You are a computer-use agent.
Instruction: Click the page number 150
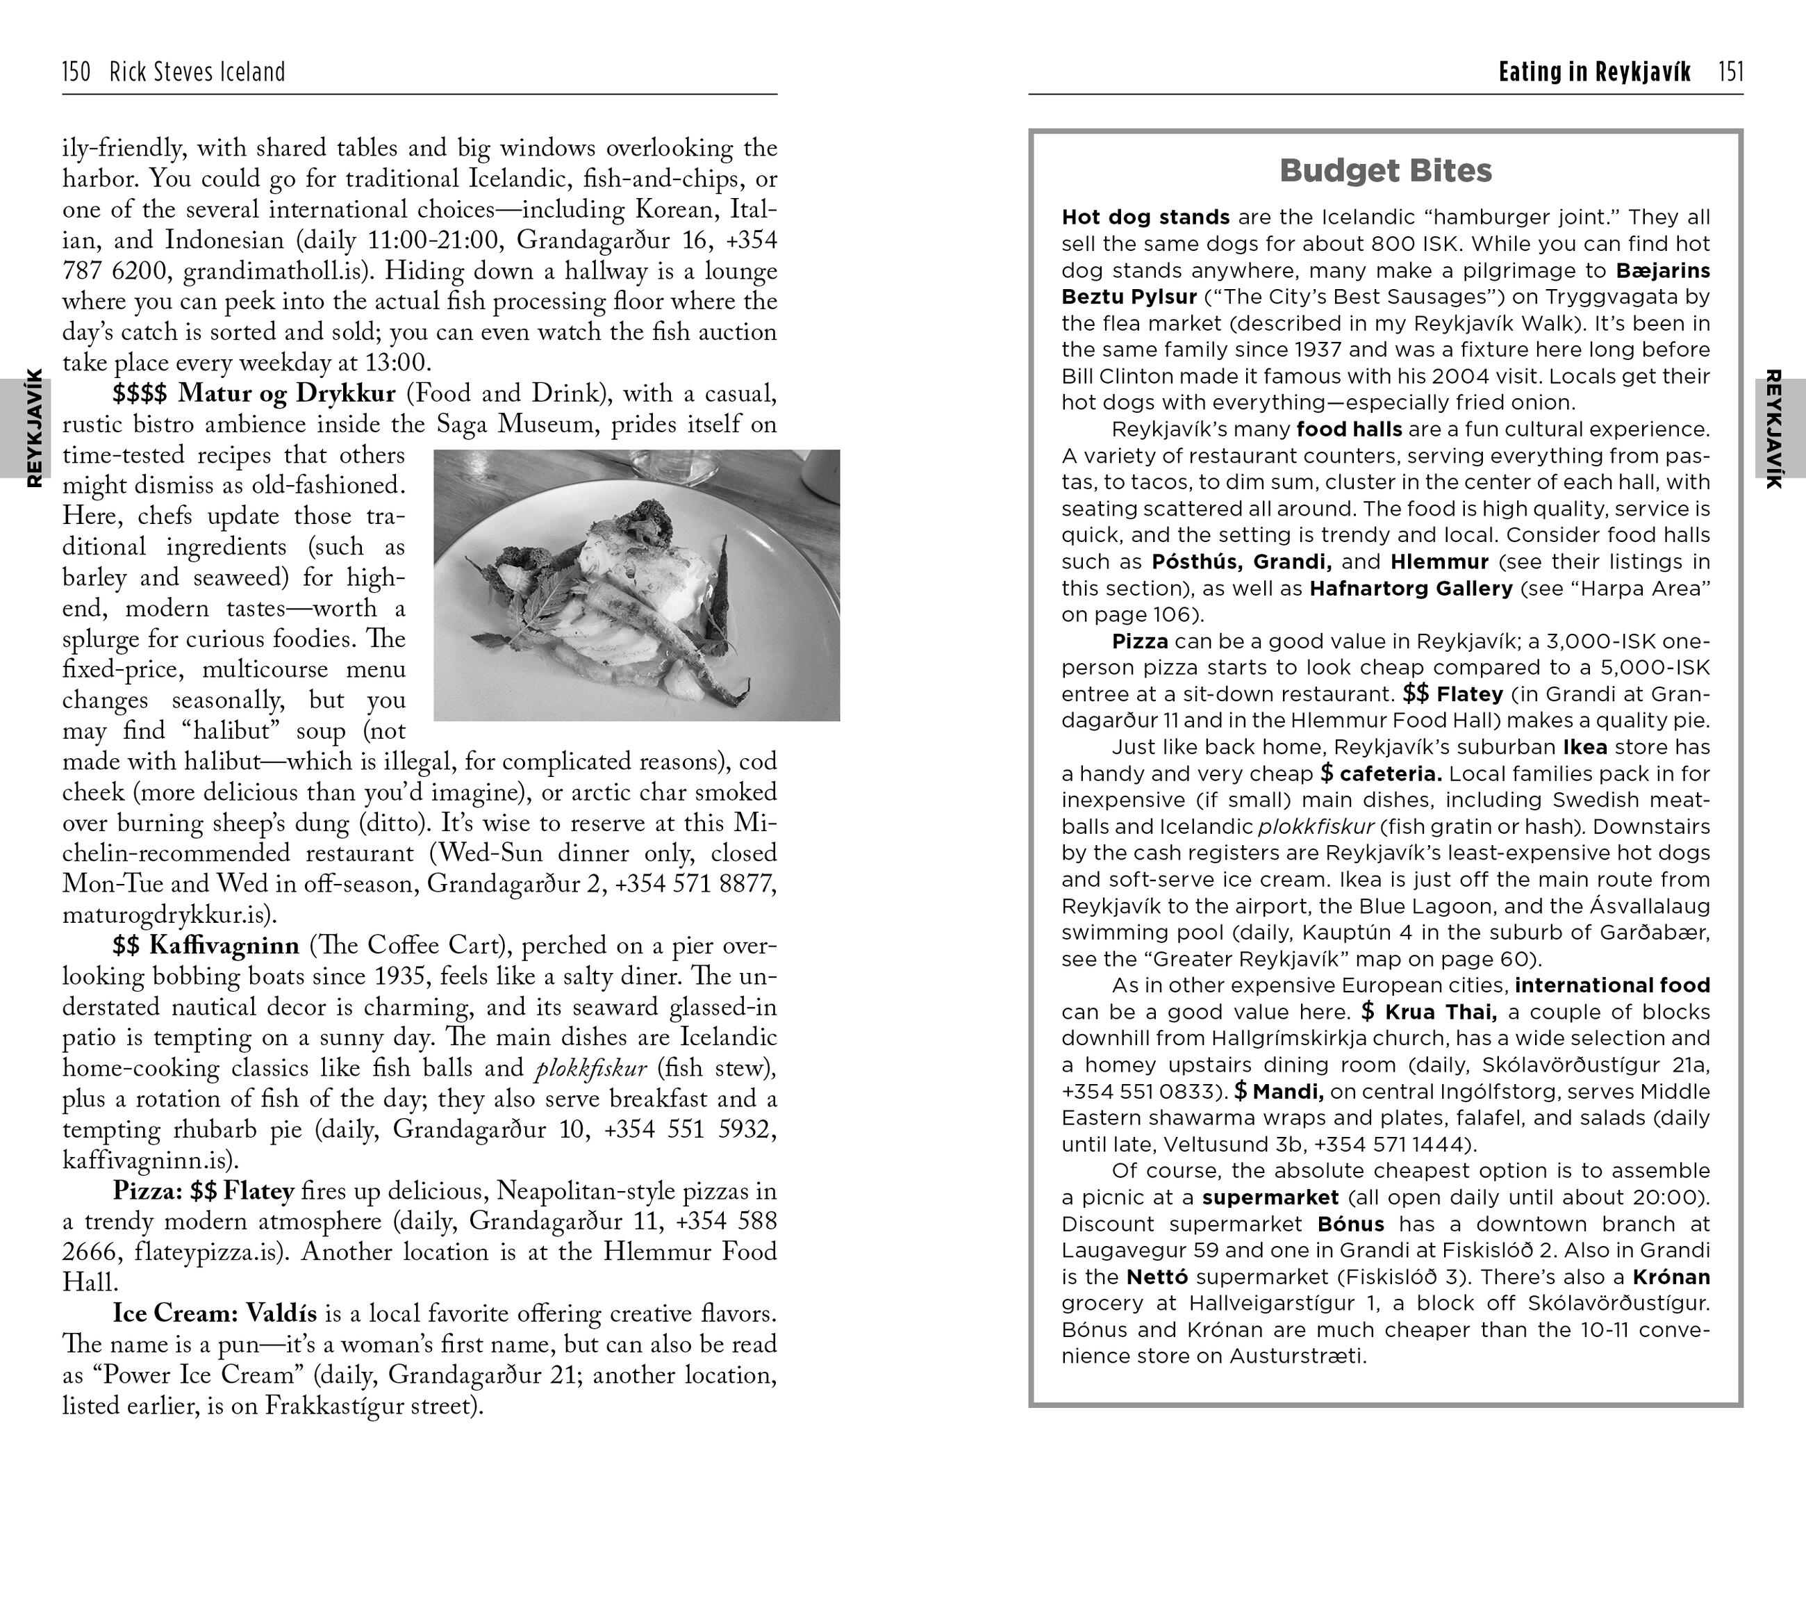coord(76,72)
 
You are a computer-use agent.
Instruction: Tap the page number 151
coord(1731,72)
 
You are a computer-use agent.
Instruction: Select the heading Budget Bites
coord(1386,170)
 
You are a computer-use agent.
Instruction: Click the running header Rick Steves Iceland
coord(197,72)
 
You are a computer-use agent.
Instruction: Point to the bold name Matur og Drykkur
coord(286,393)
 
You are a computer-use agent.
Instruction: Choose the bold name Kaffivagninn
coord(224,946)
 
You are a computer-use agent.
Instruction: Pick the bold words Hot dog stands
coord(1145,218)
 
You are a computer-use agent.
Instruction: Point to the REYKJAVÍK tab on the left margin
coord(33,429)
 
